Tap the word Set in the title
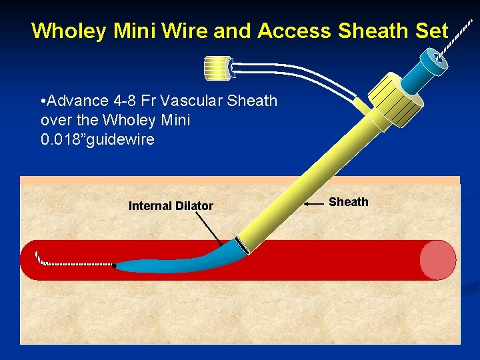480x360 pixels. click(x=430, y=31)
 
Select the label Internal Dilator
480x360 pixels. click(x=171, y=206)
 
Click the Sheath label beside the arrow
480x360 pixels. click(x=348, y=202)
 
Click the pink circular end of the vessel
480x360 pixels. click(x=438, y=259)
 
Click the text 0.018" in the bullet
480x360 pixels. click(x=64, y=139)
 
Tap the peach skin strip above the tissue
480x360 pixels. click(x=240, y=180)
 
